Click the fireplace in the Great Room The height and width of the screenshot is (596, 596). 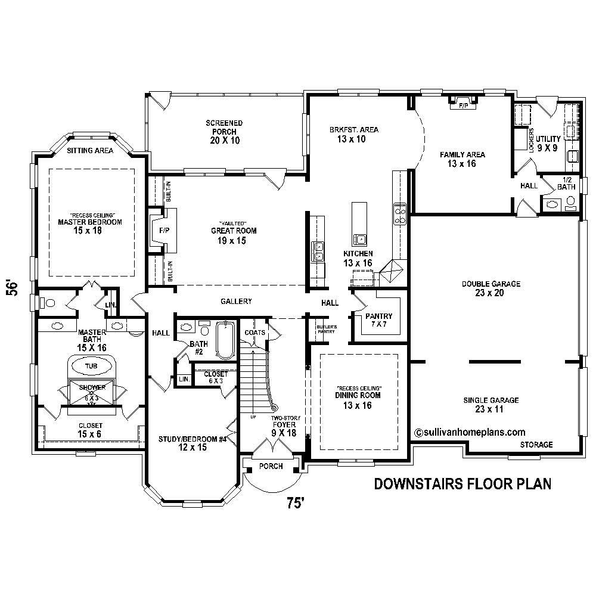pyautogui.click(x=162, y=230)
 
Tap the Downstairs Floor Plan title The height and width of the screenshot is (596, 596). pyautogui.click(x=462, y=483)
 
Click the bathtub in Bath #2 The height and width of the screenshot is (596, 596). pyautogui.click(x=225, y=340)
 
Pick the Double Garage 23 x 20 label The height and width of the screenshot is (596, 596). pyautogui.click(x=491, y=288)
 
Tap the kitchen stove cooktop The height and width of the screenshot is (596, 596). pyautogui.click(x=399, y=213)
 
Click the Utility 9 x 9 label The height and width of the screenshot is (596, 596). pyautogui.click(x=548, y=143)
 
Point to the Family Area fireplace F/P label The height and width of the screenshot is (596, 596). pyautogui.click(x=462, y=105)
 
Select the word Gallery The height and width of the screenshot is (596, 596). pyautogui.click(x=236, y=302)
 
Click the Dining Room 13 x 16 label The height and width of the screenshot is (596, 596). pyautogui.click(x=358, y=400)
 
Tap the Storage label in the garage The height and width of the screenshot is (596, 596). pyautogui.click(x=536, y=445)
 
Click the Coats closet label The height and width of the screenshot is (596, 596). pyautogui.click(x=255, y=333)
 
